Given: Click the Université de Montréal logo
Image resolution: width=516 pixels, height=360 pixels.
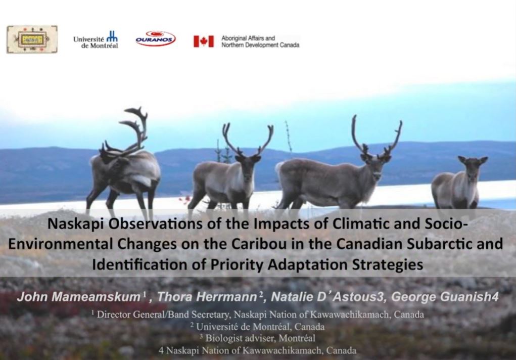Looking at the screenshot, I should tap(96, 39).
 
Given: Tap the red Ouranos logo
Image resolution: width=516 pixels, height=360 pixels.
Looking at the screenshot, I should tap(155, 39).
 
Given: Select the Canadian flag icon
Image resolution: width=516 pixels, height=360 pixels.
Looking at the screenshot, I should tap(203, 41).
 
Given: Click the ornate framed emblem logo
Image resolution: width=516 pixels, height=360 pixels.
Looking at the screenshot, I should tap(32, 39).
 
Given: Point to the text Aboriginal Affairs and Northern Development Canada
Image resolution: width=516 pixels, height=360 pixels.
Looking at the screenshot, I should tap(260, 41).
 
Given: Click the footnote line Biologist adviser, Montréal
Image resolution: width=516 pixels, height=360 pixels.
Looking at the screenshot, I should tap(258, 338).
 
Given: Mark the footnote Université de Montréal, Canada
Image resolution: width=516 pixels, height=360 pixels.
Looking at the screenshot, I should tap(258, 326).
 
